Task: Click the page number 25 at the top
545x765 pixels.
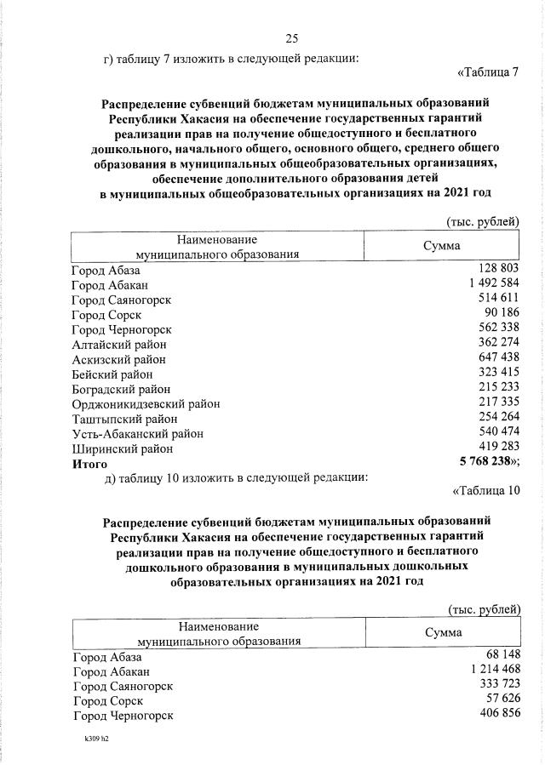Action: click(291, 37)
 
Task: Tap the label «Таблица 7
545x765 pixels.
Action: click(488, 71)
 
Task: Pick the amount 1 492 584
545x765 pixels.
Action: click(488, 284)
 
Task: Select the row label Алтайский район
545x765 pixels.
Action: click(119, 344)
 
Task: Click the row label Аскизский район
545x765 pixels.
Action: click(119, 359)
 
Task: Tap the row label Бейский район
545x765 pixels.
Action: click(112, 374)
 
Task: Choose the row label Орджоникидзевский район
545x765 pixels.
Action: click(146, 403)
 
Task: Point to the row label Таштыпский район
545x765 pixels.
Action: click(124, 419)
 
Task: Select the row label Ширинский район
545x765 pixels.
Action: click(123, 448)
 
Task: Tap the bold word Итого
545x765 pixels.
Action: click(89, 464)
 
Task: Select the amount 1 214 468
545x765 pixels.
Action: click(490, 670)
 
